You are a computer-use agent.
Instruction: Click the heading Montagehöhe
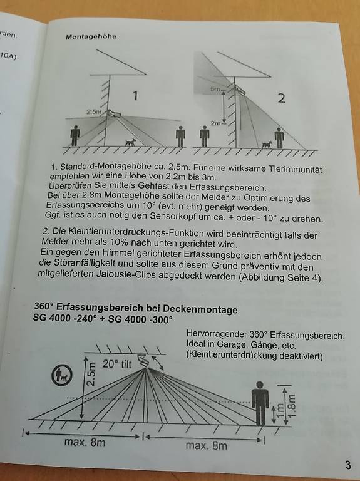[x=91, y=36]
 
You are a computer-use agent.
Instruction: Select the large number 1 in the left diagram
[x=135, y=96]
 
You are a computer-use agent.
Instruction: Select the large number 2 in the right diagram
[x=281, y=98]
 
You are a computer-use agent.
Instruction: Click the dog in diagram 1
[x=130, y=142]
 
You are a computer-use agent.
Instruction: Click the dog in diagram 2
[x=267, y=145]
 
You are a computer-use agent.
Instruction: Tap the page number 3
[x=347, y=465]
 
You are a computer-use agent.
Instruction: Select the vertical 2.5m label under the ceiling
[x=91, y=374]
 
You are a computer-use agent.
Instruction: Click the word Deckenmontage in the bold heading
[x=202, y=309]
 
